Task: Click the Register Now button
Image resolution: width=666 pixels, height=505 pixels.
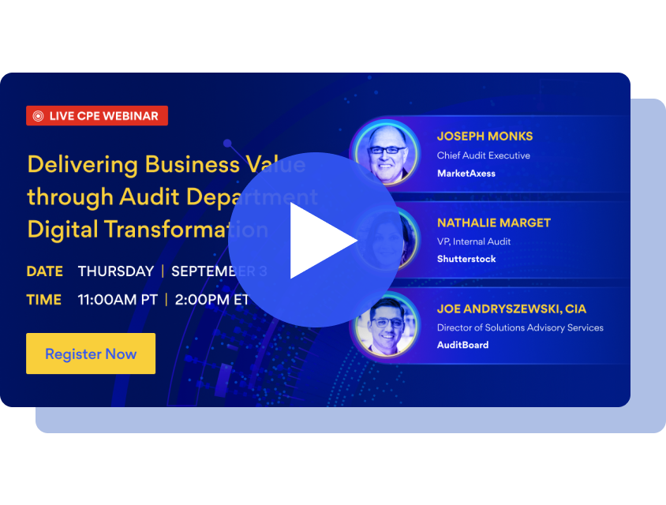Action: pos(91,353)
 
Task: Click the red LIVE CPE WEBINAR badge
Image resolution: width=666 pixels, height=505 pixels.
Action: pos(97,116)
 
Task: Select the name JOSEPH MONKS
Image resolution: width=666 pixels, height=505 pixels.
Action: pos(485,136)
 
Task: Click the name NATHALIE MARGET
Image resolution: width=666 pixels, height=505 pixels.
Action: pos(493,223)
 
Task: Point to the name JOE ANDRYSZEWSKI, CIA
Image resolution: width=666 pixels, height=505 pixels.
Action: pos(511,309)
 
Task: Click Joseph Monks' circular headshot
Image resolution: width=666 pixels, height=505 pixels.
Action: pos(387,152)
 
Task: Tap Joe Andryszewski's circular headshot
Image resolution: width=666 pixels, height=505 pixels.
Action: pos(387,326)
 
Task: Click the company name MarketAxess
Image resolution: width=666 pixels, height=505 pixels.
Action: pos(466,173)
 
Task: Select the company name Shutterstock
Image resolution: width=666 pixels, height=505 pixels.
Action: pos(466,259)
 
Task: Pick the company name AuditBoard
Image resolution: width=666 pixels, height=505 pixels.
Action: pos(462,345)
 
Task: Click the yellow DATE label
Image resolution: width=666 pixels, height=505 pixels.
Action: pos(44,271)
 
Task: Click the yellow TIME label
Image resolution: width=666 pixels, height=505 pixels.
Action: pos(43,300)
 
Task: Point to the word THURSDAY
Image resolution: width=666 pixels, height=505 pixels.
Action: pos(115,271)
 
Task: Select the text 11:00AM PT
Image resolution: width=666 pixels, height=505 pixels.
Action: pos(118,300)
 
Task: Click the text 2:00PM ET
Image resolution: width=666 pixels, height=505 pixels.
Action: pos(211,300)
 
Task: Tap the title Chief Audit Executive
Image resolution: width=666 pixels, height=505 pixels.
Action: pos(483,155)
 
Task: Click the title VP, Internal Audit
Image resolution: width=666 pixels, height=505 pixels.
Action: pos(473,241)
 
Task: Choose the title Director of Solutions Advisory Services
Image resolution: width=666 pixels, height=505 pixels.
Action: pos(519,327)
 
